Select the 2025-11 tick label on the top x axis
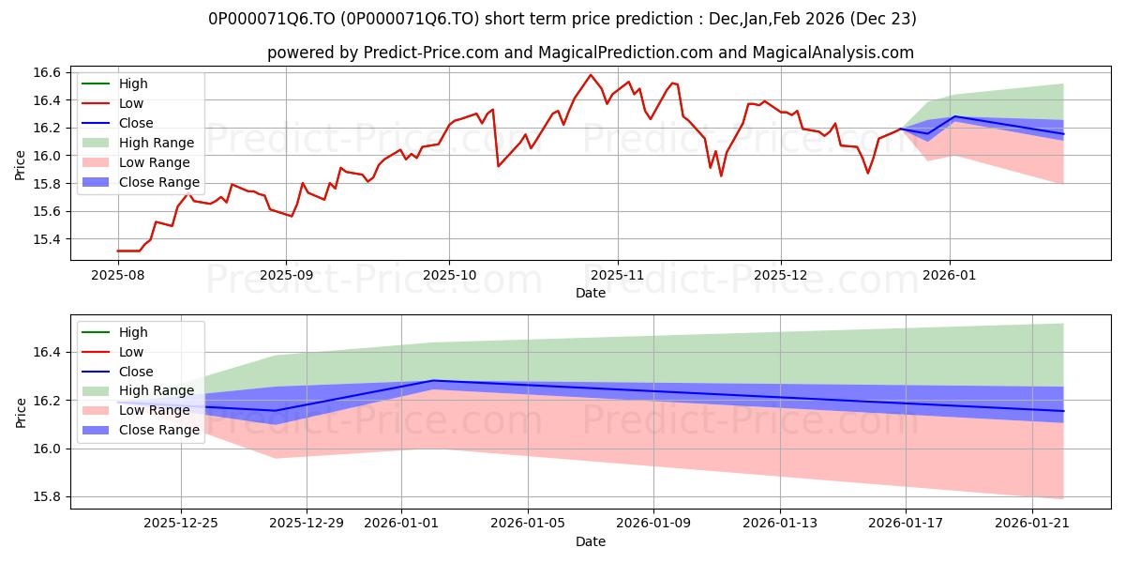[617, 276]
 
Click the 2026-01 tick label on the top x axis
[950, 276]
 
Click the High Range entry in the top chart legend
[157, 143]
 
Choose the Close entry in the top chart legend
[136, 123]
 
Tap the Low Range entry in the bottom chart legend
[155, 410]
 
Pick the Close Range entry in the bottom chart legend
[158, 430]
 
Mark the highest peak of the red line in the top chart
[591, 75]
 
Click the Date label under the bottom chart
[591, 541]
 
